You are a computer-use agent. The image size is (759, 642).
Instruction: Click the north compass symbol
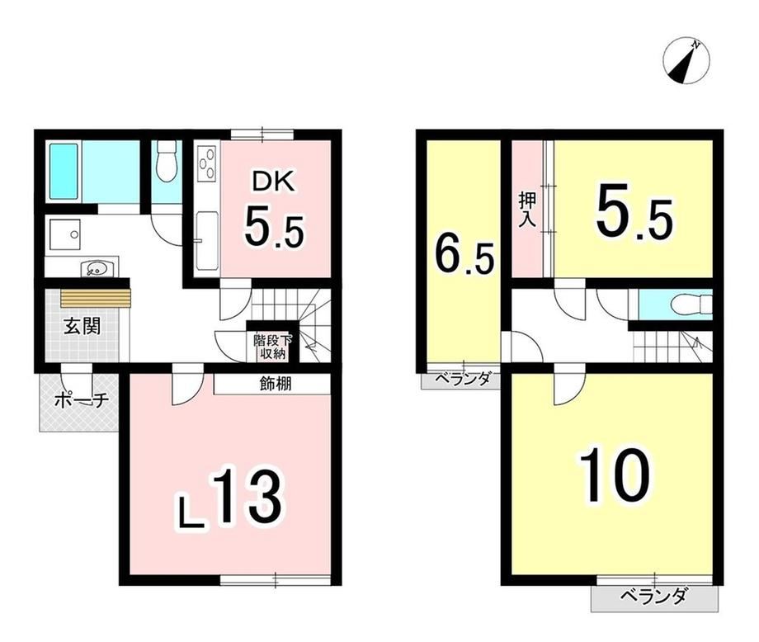(x=686, y=62)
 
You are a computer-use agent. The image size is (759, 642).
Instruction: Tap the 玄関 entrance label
(x=82, y=327)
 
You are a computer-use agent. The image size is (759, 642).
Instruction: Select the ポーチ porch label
(x=82, y=400)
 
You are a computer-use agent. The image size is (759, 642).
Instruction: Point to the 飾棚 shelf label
(x=276, y=384)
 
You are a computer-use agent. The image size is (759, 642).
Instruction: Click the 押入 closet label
(x=526, y=209)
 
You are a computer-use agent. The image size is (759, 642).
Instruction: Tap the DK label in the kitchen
(x=272, y=183)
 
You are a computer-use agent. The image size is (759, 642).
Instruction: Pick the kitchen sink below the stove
(x=207, y=242)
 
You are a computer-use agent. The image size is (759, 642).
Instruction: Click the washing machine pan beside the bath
(x=65, y=235)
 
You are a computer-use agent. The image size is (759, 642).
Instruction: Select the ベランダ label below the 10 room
(x=654, y=596)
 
